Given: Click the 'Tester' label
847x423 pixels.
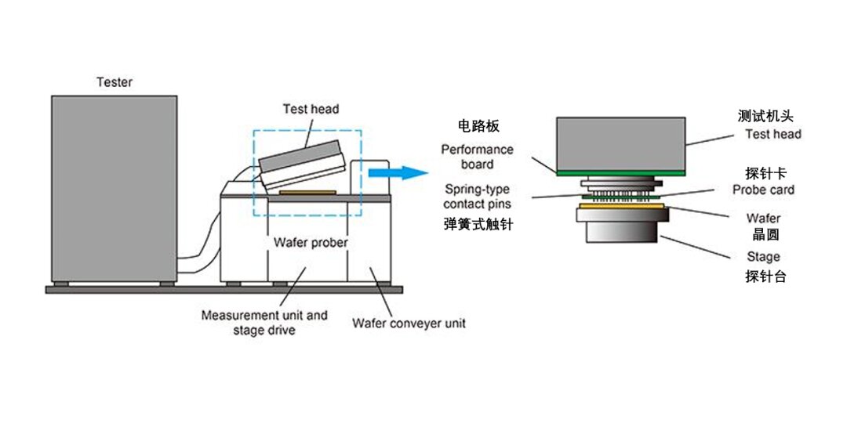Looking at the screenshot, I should (x=115, y=81).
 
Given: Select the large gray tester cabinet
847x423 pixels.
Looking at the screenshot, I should (x=114, y=188).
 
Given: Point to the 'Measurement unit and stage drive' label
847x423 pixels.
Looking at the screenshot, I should (x=264, y=323).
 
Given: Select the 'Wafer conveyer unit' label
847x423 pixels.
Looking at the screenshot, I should (x=409, y=323).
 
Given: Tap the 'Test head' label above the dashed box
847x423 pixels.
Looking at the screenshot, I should (x=311, y=109).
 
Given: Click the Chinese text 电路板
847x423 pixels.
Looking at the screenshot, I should (x=478, y=126).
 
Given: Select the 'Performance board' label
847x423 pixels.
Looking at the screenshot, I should (x=477, y=157).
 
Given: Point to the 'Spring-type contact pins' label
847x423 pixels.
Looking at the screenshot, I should (x=477, y=197).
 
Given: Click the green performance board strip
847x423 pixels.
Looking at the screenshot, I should (x=621, y=172).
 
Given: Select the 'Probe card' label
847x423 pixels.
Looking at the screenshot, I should (x=763, y=190).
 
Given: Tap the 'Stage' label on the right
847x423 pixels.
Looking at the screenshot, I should (x=763, y=256).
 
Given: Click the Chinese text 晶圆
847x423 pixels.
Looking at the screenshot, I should (x=764, y=235).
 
